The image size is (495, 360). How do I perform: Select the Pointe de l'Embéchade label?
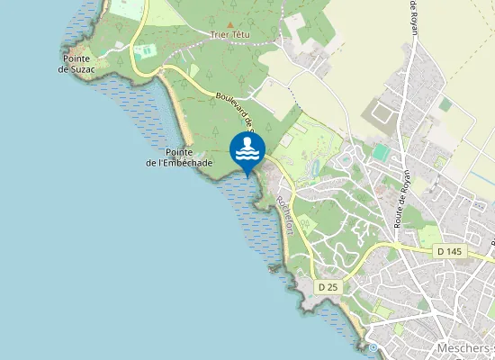pos(178,157)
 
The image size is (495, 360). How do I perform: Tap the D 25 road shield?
pos(328,286)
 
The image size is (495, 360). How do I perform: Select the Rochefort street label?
pos(286,215)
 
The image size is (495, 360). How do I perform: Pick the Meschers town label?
pos(463,347)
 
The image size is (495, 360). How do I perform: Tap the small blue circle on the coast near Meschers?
pos(373,347)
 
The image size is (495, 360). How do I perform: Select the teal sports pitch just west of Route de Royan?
pos(382,153)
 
